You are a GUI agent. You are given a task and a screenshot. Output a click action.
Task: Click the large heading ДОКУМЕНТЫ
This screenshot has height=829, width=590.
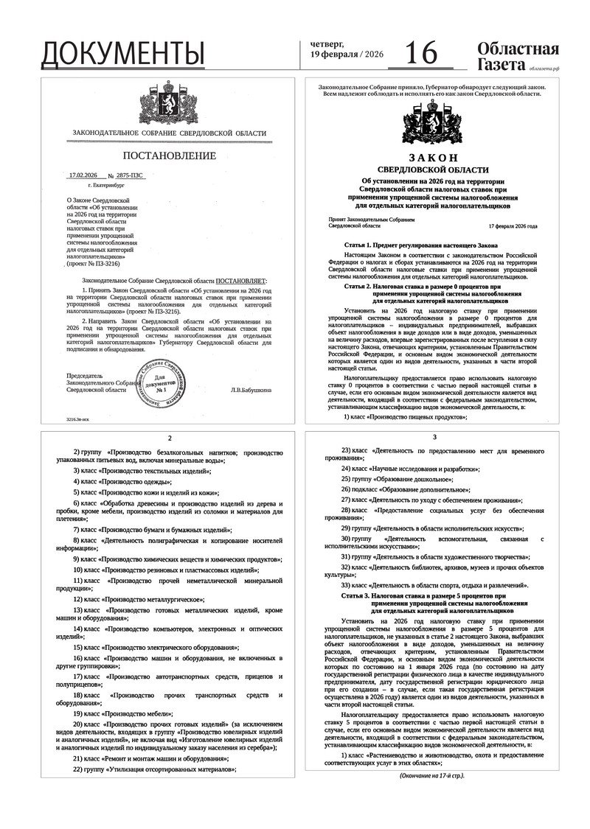pos(122,53)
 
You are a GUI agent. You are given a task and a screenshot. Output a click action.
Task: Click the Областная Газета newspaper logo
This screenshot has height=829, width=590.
pos(517,57)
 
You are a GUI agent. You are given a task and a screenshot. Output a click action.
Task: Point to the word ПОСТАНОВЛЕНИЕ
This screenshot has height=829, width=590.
pos(169,155)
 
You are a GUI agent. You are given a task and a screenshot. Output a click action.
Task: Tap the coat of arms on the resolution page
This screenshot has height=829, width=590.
pos(169,105)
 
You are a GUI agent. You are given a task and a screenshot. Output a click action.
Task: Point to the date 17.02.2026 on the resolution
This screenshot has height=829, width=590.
pos(83,176)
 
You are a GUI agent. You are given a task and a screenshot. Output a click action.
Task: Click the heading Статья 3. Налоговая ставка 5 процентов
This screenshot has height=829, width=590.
pos(424,595)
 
